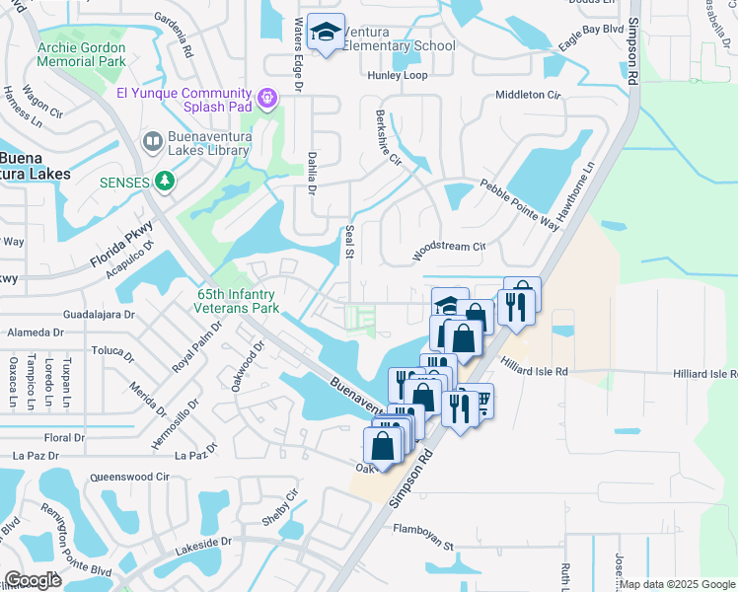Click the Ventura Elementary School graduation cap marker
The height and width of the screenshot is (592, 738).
point(325,34)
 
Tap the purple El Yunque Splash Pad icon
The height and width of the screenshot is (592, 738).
point(265,98)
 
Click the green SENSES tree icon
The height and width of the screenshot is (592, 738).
point(167,182)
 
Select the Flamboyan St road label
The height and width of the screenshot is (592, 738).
point(420,544)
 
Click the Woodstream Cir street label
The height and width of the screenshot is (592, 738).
point(450,247)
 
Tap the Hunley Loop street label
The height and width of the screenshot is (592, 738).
point(397,75)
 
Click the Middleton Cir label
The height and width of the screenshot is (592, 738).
point(528,95)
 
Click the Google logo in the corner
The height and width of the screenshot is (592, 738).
point(33,580)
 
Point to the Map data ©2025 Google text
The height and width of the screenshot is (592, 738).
point(676,584)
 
